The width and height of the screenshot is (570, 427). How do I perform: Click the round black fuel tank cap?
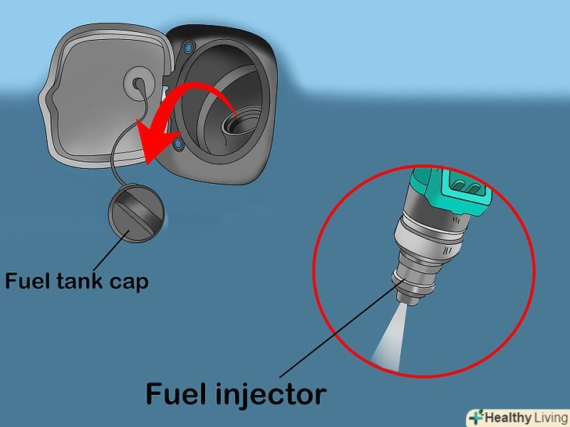pyautogui.click(x=136, y=213)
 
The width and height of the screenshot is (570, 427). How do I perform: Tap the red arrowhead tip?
pyautogui.click(x=147, y=164)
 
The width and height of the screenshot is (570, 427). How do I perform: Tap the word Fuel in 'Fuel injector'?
pyautogui.click(x=177, y=393)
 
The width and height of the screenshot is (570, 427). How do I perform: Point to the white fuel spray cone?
pyautogui.click(x=390, y=338)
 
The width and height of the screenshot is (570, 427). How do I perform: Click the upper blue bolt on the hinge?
pyautogui.click(x=188, y=47)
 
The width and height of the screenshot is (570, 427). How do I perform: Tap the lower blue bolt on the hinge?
pyautogui.click(x=179, y=145)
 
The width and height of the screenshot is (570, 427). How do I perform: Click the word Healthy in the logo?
pyautogui.click(x=507, y=418)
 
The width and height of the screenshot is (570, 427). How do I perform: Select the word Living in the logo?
pyautogui.click(x=550, y=418)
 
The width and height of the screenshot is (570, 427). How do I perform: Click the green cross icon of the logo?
pyautogui.click(x=476, y=417)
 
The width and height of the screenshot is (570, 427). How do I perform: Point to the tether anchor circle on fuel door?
pyautogui.click(x=139, y=84)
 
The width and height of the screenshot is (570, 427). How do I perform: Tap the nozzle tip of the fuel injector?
pyautogui.click(x=407, y=300)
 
